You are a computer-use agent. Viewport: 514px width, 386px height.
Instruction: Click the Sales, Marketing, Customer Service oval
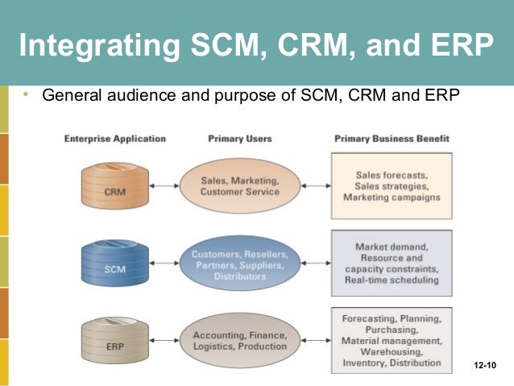coord(238,186)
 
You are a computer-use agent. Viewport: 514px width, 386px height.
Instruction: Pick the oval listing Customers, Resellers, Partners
coord(239,265)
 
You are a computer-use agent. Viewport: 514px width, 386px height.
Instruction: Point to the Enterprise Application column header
coord(114,139)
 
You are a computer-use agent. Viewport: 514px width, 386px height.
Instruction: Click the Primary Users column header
coord(240,139)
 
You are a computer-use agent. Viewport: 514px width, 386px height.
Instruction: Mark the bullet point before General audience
coord(27,95)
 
